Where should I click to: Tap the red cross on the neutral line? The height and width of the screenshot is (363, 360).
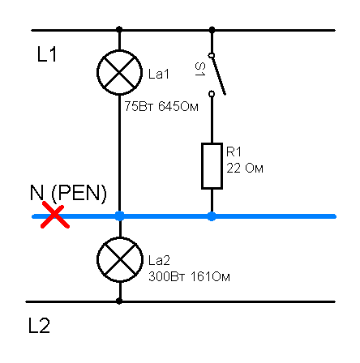(55, 216)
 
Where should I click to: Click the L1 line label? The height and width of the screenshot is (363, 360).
(47, 54)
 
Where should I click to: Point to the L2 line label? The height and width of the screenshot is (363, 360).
(39, 326)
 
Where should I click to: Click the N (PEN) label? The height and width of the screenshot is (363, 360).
(68, 193)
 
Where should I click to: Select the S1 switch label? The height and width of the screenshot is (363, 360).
(200, 69)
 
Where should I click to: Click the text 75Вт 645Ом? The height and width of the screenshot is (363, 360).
(161, 106)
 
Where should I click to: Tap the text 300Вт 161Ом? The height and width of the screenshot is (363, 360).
(189, 277)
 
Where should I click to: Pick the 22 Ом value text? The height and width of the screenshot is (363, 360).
(245, 169)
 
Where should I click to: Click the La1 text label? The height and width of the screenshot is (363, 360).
(159, 74)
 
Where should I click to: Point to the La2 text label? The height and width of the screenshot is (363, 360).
(159, 260)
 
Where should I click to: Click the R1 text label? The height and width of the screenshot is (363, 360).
(234, 152)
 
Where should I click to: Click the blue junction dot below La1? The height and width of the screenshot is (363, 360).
(120, 216)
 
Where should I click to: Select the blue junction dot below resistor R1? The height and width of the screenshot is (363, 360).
(212, 216)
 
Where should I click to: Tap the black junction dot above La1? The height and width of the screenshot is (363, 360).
(119, 29)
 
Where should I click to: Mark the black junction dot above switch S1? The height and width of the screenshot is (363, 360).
(212, 29)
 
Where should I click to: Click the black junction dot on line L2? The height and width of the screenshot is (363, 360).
(119, 301)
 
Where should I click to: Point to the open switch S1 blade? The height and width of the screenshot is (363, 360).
(218, 75)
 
